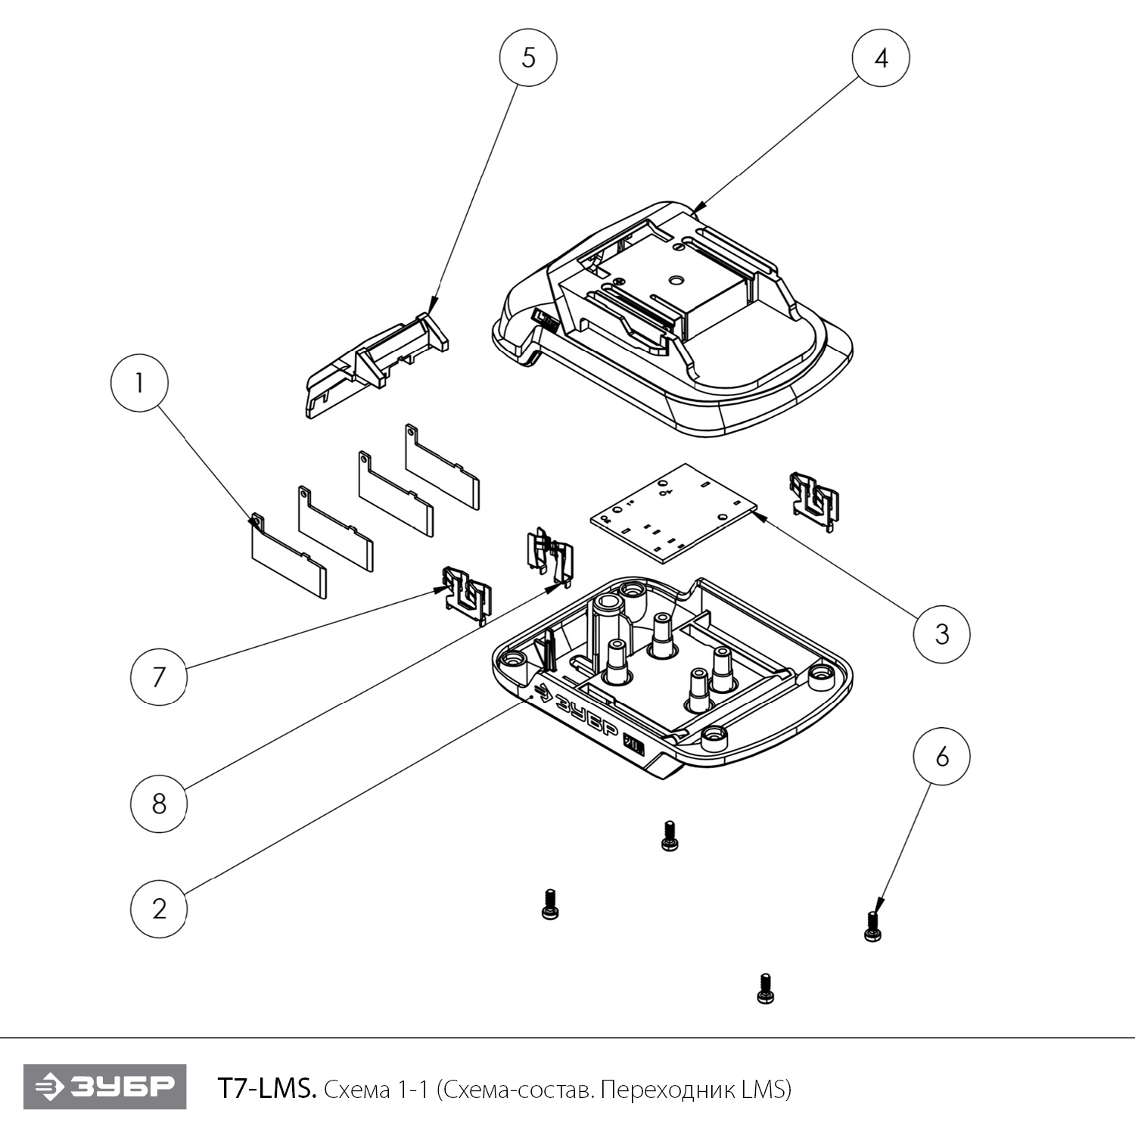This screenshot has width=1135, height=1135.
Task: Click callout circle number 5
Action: pyautogui.click(x=528, y=58)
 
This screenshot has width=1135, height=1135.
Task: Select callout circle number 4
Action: pyautogui.click(x=881, y=58)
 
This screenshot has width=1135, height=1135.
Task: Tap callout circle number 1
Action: pyautogui.click(x=139, y=384)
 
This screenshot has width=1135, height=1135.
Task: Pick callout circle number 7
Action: pyautogui.click(x=159, y=676)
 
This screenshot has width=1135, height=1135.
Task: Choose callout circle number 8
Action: pyautogui.click(x=159, y=804)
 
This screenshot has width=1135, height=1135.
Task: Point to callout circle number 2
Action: pyautogui.click(x=159, y=908)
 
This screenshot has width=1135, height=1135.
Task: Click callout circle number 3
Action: pyautogui.click(x=941, y=633)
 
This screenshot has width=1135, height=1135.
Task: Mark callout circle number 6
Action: pyautogui.click(x=941, y=757)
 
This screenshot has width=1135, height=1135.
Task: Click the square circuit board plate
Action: pyautogui.click(x=673, y=512)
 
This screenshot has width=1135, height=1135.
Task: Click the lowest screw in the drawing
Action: pyautogui.click(x=765, y=988)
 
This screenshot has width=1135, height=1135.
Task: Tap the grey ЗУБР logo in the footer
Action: pyautogui.click(x=104, y=1087)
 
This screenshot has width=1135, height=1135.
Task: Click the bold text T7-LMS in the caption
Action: pyautogui.click(x=266, y=1089)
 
